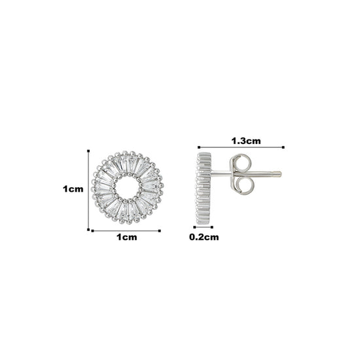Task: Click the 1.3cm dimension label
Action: click(246, 141)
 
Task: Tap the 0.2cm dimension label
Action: click(204, 237)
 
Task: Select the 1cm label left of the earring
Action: click(73, 189)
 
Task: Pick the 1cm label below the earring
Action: click(127, 237)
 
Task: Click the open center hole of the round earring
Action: click(127, 187)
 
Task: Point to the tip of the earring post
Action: click(280, 174)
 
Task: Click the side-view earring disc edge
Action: click(203, 189)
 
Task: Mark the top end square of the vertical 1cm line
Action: click(88, 151)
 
